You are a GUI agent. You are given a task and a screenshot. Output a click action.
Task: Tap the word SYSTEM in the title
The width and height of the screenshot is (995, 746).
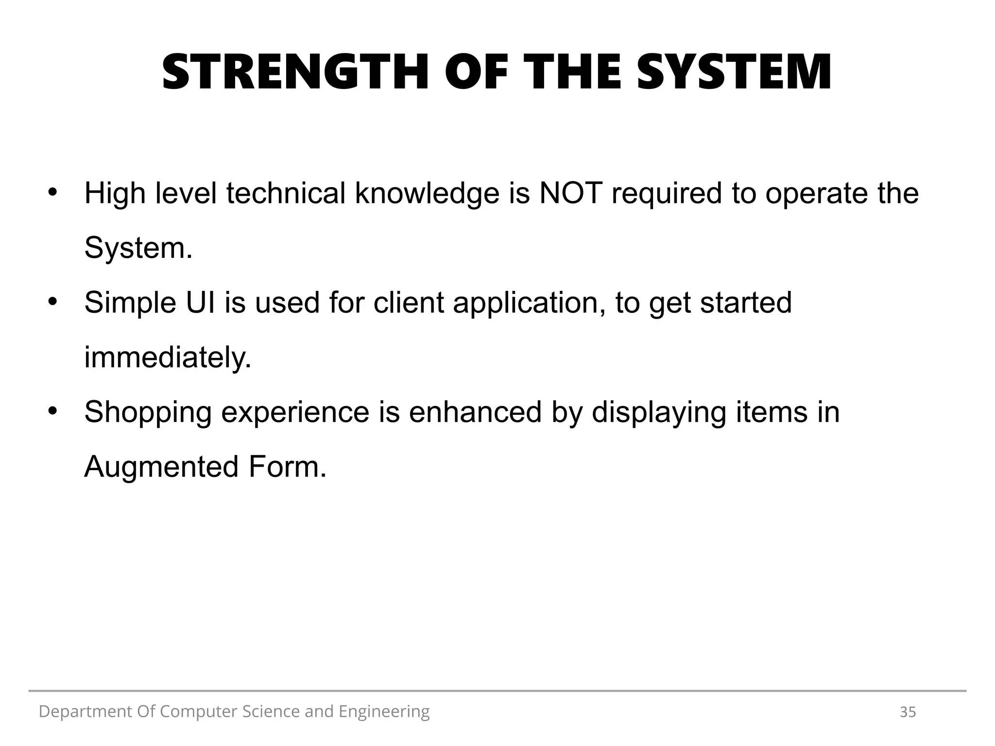(734, 73)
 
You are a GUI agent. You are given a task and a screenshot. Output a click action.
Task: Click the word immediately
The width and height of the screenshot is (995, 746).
(168, 357)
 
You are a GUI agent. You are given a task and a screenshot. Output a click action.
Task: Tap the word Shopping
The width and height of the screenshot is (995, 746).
(148, 413)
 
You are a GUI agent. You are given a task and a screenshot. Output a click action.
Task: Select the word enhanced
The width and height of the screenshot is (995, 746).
(475, 412)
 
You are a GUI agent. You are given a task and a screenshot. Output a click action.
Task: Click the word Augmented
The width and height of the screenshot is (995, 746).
(161, 467)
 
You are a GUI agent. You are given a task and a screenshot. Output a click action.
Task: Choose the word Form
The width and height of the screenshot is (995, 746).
(287, 467)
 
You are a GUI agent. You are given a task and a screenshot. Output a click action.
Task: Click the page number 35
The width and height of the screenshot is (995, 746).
(908, 712)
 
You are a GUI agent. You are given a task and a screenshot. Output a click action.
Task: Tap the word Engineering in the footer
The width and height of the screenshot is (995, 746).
(384, 712)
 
